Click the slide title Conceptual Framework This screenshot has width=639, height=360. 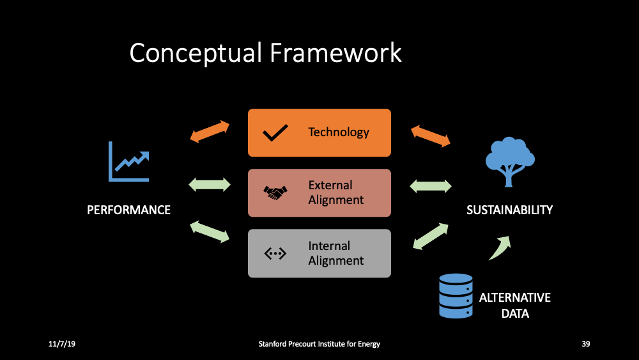pos(265,53)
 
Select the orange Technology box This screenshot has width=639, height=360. pos(319,132)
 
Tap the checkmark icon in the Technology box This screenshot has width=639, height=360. pos(275,133)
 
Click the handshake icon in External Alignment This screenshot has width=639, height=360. pos(275,192)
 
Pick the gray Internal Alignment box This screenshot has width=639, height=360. pos(319,253)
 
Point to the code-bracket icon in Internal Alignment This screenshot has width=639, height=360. pos(275,254)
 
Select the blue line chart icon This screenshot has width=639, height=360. pos(128,162)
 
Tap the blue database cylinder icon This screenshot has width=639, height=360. pos(456,296)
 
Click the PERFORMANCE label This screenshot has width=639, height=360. pos(128,210)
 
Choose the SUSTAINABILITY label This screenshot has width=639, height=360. pos(509,210)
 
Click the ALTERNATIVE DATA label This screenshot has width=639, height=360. pos(514,306)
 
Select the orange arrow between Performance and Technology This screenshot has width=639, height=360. pos(210,131)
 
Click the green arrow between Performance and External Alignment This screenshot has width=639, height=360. pos(210,185)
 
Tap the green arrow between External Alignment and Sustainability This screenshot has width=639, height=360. pos(430,186)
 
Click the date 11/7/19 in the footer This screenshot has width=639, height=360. pos(62,344)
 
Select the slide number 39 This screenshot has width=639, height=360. pos(585,344)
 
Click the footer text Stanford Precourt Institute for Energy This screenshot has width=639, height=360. pos(319,344)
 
